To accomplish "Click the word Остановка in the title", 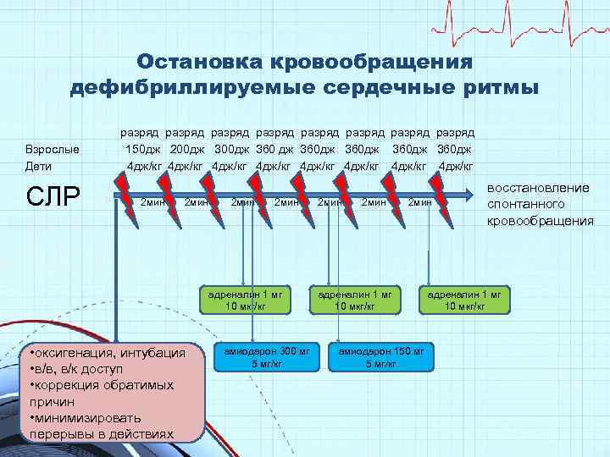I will click(192, 62).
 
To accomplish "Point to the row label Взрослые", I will click(53, 150).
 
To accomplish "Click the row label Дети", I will click(39, 167).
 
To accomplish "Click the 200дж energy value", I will click(187, 149).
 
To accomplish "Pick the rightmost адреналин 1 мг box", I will click(465, 300).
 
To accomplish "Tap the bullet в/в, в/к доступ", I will click(76, 369).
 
